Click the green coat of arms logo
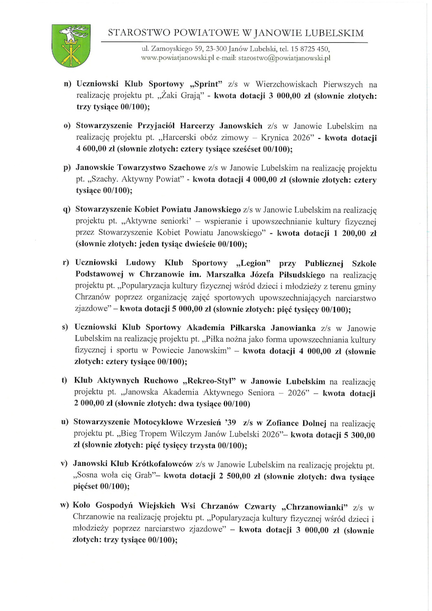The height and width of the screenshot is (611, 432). click(x=71, y=45)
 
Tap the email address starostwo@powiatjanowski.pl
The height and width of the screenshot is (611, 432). click(x=284, y=58)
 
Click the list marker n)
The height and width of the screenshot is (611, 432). click(x=68, y=84)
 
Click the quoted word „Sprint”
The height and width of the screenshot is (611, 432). click(x=206, y=84)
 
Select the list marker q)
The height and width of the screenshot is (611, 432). click(x=67, y=209)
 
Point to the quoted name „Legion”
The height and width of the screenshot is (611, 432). click(x=253, y=263)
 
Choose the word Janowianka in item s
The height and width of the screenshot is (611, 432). click(x=293, y=328)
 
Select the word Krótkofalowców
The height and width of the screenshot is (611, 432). click(x=162, y=464)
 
